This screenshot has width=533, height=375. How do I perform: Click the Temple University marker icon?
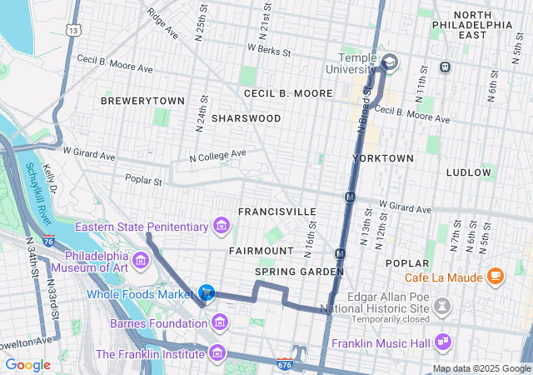tap(389, 62)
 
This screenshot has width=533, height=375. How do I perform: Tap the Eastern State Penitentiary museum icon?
tap(221, 225)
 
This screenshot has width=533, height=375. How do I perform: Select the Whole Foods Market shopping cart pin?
tap(207, 292)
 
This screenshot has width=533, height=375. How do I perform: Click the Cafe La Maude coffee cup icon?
tap(495, 275)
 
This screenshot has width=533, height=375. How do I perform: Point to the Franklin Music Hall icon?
tap(442, 342)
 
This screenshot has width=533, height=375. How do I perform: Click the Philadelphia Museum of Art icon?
tap(140, 262)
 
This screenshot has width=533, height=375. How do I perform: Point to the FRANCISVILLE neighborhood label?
tap(276, 212)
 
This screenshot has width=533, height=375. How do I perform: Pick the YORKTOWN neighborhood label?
tap(383, 157)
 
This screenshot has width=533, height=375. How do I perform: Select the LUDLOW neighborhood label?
tap(469, 172)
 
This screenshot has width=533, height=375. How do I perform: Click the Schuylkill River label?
tap(37, 192)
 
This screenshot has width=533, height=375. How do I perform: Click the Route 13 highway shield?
tap(75, 30)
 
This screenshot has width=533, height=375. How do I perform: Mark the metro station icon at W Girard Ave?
tap(351, 197)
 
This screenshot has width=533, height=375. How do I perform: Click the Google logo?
tap(27, 364)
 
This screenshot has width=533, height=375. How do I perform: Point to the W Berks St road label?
tap(269, 51)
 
